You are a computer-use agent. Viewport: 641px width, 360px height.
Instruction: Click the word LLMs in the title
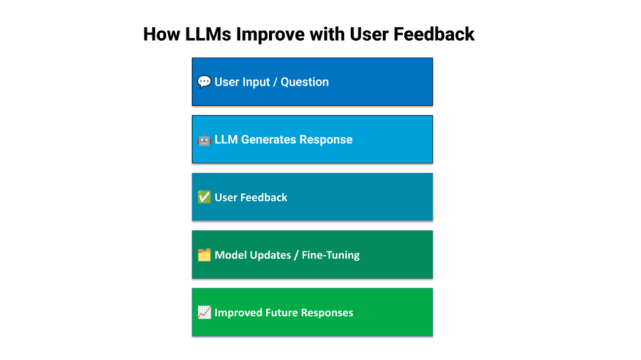208,34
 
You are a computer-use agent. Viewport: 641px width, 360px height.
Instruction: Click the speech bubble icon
204,82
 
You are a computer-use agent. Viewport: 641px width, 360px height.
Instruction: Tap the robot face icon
204,140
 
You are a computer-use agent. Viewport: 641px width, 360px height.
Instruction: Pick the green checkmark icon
204,197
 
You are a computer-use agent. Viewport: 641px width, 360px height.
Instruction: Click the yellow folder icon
204,255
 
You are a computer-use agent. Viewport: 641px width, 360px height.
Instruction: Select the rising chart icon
204,312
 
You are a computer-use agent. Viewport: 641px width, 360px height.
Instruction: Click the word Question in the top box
305,82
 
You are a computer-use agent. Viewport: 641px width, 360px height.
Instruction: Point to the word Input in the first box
256,83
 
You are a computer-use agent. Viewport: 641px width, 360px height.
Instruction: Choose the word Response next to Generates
326,140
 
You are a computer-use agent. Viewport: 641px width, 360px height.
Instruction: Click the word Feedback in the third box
264,197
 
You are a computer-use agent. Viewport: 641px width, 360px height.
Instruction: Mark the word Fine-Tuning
331,255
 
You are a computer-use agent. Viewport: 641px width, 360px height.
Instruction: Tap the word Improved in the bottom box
238,313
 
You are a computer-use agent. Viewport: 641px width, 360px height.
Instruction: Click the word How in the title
162,34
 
